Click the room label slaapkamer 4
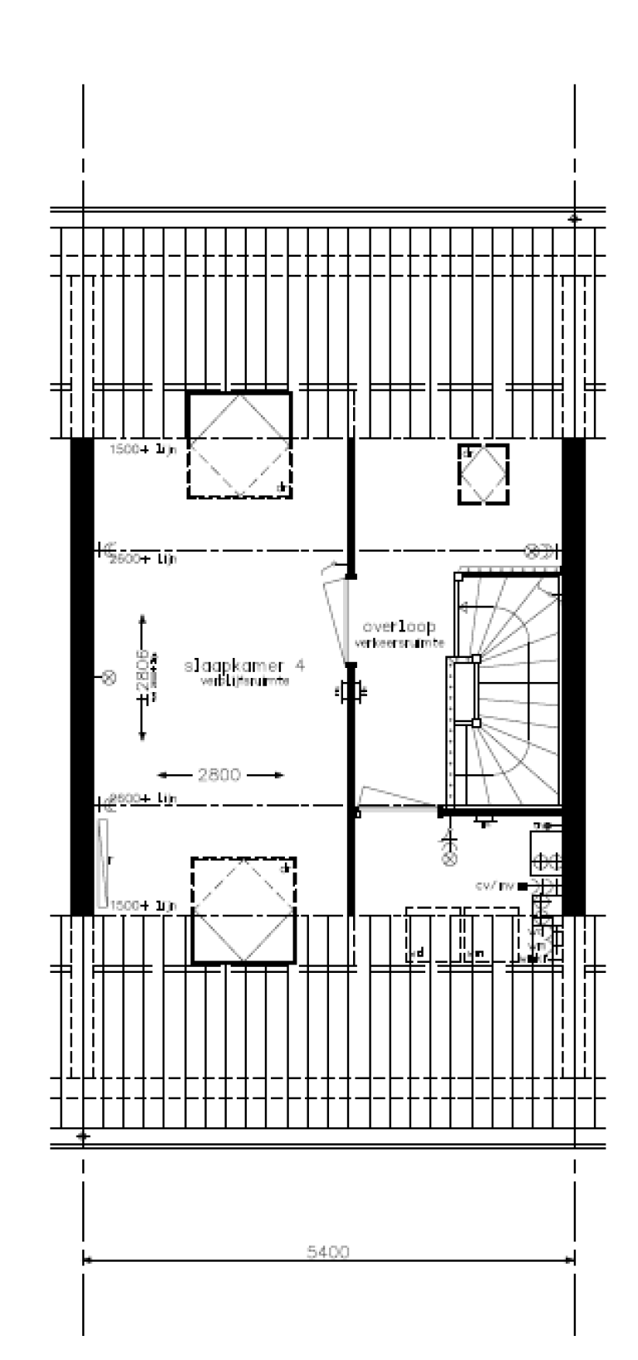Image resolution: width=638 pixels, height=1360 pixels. point(244,665)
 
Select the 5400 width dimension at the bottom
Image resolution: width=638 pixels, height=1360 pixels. point(328,1252)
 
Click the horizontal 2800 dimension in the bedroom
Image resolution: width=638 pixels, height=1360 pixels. point(219,775)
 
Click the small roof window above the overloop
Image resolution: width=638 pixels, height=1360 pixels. point(483,474)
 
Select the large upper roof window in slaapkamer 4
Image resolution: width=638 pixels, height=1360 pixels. point(239,444)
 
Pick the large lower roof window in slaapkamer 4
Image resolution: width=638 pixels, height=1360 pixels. point(243,910)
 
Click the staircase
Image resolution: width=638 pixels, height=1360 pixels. point(507,690)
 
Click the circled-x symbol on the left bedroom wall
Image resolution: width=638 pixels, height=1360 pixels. point(107,678)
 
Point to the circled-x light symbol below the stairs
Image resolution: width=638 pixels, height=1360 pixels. point(449,857)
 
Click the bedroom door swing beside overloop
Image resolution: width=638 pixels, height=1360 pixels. point(338,615)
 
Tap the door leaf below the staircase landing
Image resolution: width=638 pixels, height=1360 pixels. point(397,801)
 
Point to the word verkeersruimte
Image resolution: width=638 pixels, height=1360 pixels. point(400,643)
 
